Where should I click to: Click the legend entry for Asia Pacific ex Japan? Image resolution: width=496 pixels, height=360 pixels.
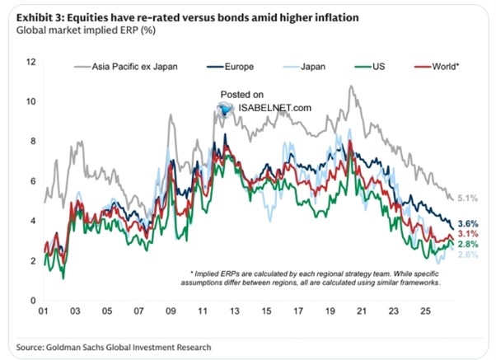[x=126, y=67]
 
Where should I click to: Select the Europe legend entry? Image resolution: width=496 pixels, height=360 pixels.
[x=231, y=67]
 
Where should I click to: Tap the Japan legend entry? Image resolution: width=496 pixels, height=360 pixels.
[x=304, y=67]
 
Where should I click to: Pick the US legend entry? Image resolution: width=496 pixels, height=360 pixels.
[x=370, y=67]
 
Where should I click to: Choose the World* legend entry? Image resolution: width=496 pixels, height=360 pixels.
[x=437, y=67]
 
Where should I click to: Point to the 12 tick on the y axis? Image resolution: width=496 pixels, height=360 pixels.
[x=30, y=62]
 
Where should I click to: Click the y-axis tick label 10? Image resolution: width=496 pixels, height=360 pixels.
[x=30, y=101]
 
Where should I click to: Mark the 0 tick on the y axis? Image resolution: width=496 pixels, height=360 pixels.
[x=33, y=301]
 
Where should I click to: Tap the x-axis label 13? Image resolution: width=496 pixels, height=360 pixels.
[x=234, y=311]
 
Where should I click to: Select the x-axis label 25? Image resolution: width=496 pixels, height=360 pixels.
[x=425, y=311]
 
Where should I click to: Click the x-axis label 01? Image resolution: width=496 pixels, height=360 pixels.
[x=44, y=311]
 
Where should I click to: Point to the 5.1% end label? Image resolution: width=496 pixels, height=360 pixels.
[x=467, y=199]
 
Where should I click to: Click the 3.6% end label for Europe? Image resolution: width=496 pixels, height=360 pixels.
[x=468, y=223]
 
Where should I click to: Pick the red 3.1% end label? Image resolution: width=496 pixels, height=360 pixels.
[x=468, y=234]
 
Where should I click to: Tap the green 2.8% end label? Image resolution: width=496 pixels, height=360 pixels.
[x=468, y=244]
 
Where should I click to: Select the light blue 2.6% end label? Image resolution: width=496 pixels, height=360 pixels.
[x=468, y=255]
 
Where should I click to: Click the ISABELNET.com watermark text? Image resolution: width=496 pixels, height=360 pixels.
[x=274, y=108]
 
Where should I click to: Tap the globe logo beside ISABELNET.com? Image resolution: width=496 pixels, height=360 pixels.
[x=226, y=109]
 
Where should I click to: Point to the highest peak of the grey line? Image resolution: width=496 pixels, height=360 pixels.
[x=350, y=86]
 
